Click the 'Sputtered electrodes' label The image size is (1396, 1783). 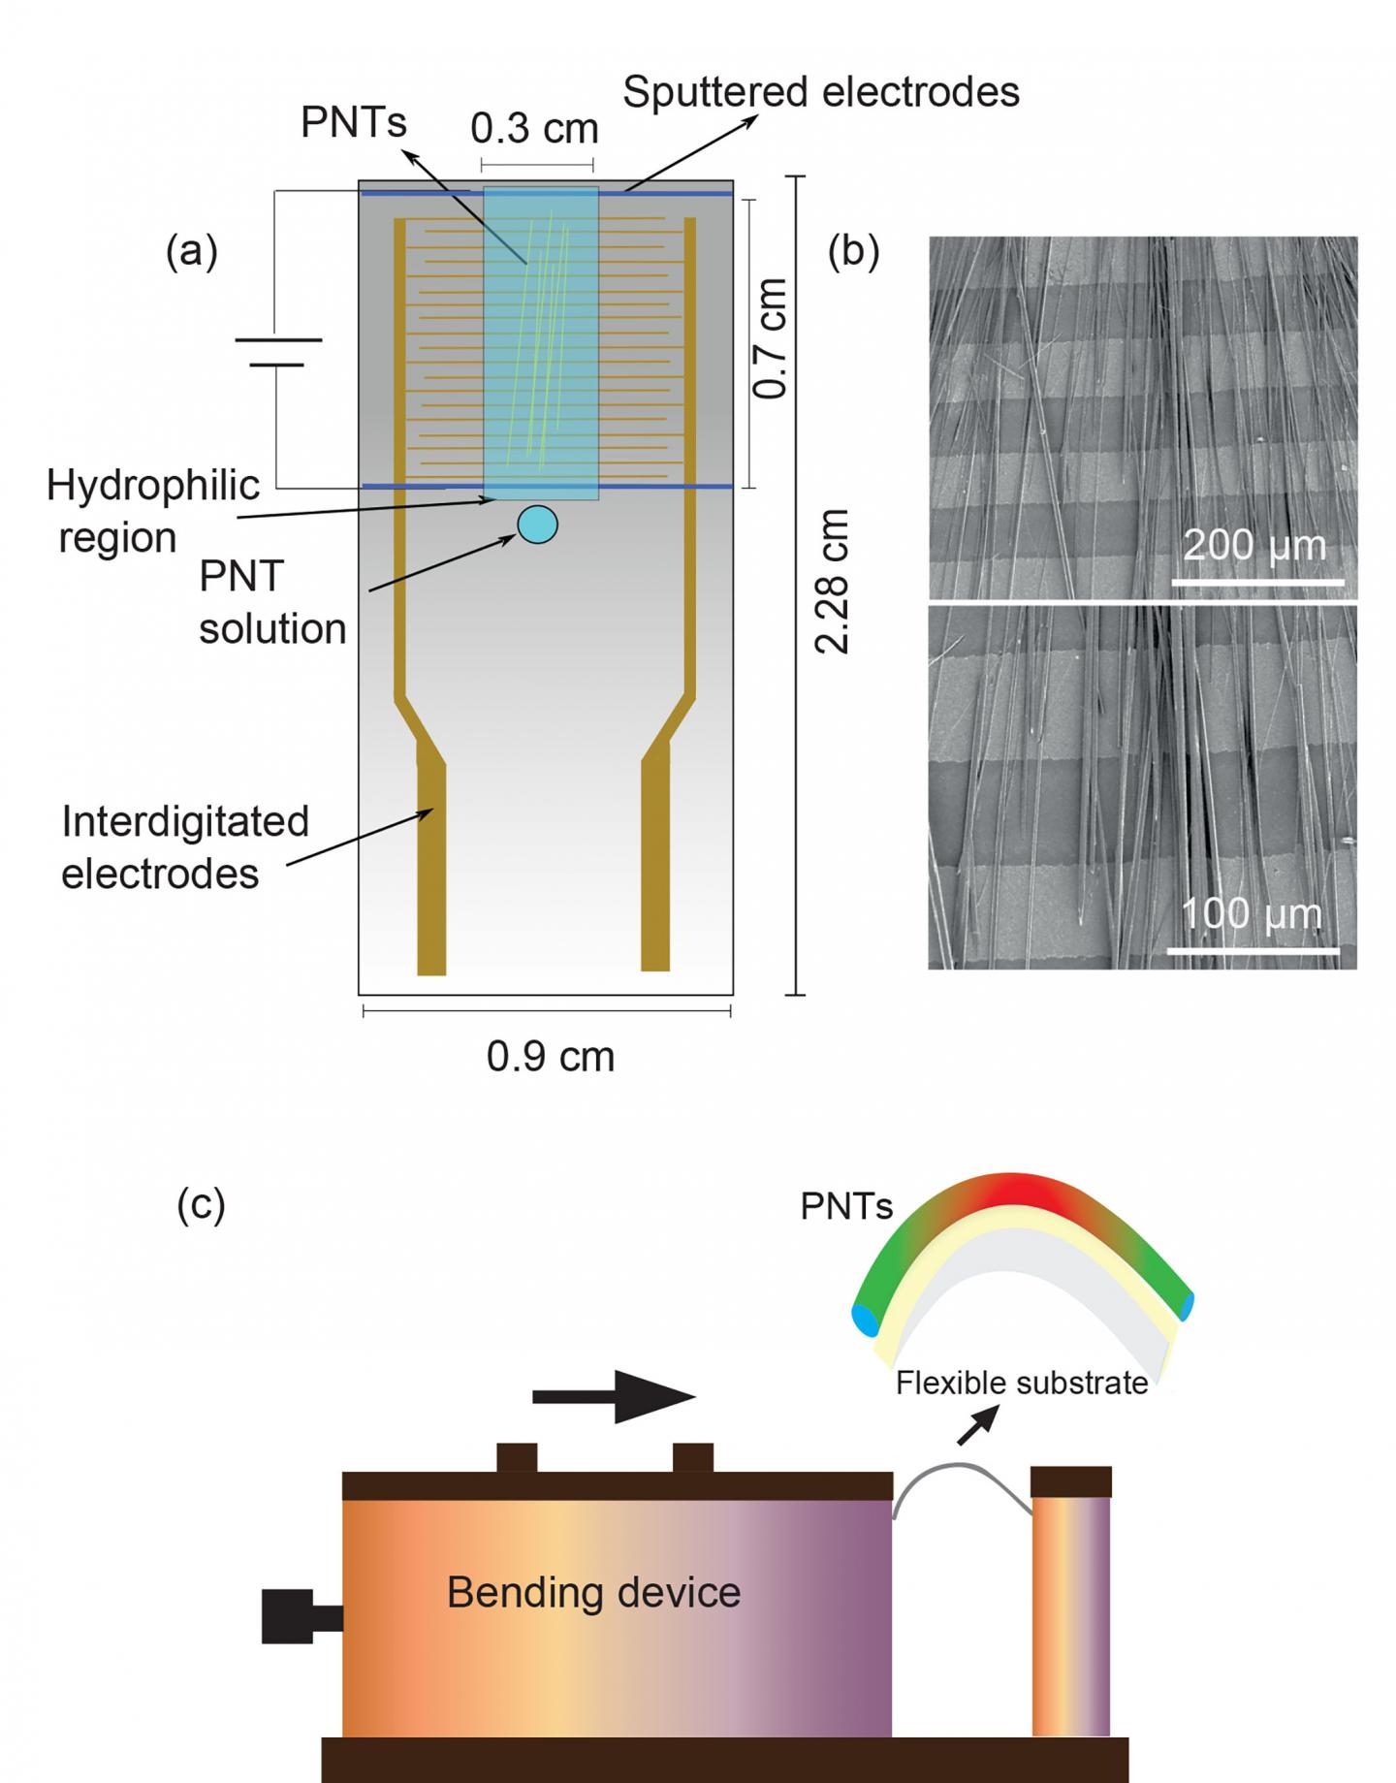pyautogui.click(x=820, y=93)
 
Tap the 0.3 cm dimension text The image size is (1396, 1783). pyautogui.click(x=534, y=129)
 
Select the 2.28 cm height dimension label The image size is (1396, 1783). pyautogui.click(x=832, y=581)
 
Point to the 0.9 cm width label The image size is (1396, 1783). pyautogui.click(x=550, y=1056)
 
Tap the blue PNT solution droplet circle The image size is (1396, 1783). pyautogui.click(x=537, y=525)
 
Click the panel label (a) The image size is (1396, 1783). pyautogui.click(x=192, y=251)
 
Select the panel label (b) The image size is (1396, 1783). pyautogui.click(x=853, y=251)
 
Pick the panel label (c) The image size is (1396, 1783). pyautogui.click(x=201, y=1204)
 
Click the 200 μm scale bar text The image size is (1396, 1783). pyautogui.click(x=1254, y=546)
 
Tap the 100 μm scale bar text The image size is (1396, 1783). pyautogui.click(x=1251, y=914)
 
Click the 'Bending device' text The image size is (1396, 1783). pyautogui.click(x=593, y=1592)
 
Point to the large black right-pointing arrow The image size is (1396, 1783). pyautogui.click(x=615, y=1397)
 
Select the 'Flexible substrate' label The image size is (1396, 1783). pyautogui.click(x=1022, y=1383)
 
